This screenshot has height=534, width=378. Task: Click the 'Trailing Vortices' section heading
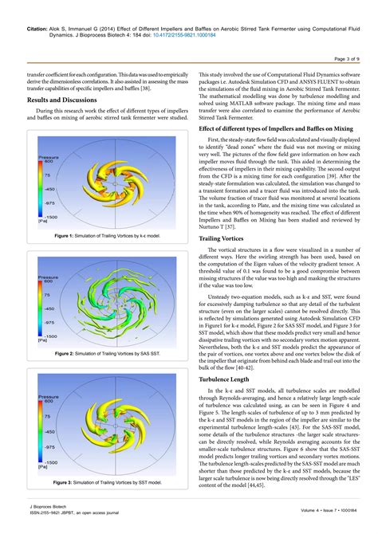[x=221, y=216]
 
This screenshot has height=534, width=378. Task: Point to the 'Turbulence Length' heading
[x=225, y=380]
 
